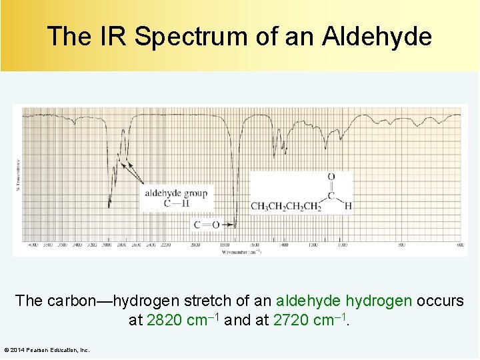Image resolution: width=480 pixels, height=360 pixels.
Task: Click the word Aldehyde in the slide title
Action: pos(377,36)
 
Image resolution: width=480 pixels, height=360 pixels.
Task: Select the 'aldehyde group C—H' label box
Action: pos(176,199)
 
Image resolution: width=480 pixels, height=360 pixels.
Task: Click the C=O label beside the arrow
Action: pos(207,225)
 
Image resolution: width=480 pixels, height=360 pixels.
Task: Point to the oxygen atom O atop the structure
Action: pos(331,177)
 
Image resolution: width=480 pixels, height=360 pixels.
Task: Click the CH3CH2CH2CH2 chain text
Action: pos(286,206)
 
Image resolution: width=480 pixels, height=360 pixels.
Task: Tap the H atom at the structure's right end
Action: pos(347,206)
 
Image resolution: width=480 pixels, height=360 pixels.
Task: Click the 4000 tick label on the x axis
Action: pos(33,245)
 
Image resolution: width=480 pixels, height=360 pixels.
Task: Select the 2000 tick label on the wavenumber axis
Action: pos(195,245)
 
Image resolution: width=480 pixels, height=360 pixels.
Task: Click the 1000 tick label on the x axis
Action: pos(341,245)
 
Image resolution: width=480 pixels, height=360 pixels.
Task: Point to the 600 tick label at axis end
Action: pos(460,245)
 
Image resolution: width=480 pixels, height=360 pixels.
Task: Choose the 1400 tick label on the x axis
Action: pos(283,245)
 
